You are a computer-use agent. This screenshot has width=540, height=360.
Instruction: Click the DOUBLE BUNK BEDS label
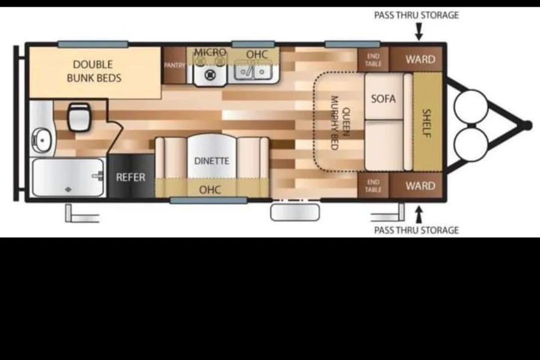(94, 71)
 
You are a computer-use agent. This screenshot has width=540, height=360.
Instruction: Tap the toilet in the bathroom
(79, 117)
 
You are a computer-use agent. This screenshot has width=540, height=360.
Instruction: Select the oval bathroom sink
(42, 139)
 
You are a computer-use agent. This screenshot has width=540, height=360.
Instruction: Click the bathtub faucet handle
(98, 176)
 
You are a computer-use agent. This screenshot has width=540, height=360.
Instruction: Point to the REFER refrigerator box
(130, 176)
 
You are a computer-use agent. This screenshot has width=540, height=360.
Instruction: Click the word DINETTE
(211, 161)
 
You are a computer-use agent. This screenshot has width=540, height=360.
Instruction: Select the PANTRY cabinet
(174, 65)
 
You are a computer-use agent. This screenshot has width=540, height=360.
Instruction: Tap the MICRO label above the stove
(210, 52)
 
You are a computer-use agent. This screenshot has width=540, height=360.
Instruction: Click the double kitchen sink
(253, 71)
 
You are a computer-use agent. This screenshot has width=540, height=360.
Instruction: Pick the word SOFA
(383, 99)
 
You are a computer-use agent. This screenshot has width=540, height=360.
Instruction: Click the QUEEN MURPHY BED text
(340, 123)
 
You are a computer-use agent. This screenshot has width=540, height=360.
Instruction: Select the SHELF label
(427, 123)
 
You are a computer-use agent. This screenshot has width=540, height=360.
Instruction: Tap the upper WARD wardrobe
(416, 59)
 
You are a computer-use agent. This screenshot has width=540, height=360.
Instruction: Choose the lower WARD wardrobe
(416, 186)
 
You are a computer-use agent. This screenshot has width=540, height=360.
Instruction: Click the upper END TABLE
(373, 60)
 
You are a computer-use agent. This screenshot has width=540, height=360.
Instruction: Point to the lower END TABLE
(373, 186)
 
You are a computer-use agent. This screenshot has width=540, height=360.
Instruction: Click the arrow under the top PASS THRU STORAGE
(418, 31)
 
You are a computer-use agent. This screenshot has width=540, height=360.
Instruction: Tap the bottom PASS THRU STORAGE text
(416, 230)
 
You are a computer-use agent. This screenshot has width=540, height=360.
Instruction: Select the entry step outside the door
(295, 212)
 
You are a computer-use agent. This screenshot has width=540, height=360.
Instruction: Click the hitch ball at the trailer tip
(526, 125)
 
